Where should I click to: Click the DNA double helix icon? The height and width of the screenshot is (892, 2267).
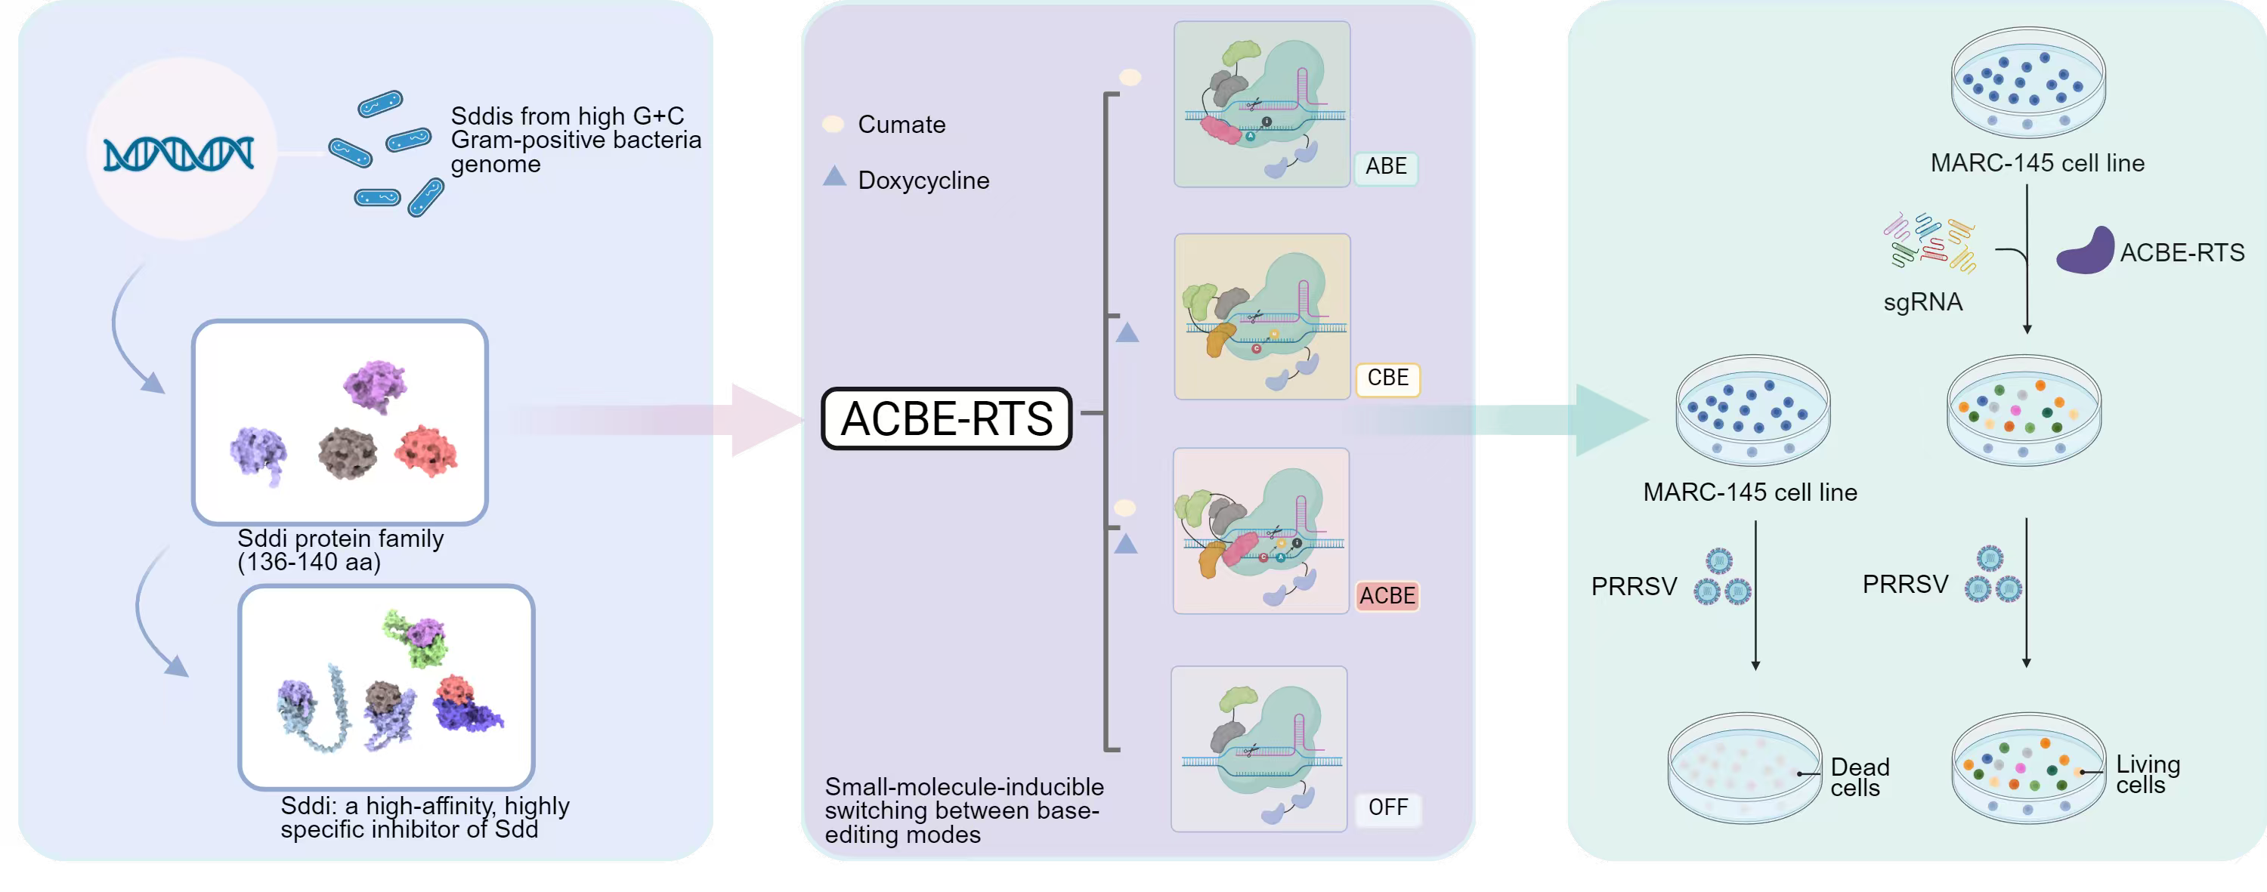tap(178, 154)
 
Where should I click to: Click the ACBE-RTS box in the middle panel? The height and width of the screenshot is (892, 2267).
tap(946, 418)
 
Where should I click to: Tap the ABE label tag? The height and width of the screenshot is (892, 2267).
tap(1385, 166)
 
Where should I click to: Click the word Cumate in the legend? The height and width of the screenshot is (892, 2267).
tap(902, 125)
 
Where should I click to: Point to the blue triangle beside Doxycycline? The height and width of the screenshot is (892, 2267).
tap(834, 177)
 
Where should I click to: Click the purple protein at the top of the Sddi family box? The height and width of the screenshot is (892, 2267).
tap(375, 385)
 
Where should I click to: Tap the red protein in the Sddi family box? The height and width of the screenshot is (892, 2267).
tap(426, 450)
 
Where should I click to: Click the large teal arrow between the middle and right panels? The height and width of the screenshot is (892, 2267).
tap(1576, 420)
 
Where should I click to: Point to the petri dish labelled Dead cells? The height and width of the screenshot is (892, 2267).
tap(1744, 768)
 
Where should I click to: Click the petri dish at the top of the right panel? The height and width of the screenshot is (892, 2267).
tap(2027, 81)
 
